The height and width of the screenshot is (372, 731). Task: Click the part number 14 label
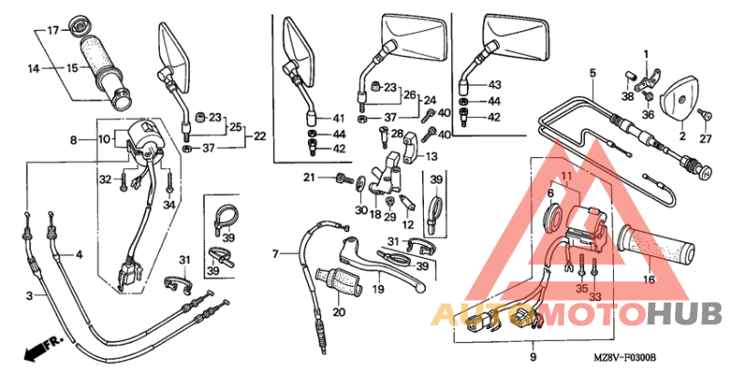[x=33, y=69]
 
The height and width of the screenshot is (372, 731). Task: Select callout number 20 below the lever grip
[x=339, y=311]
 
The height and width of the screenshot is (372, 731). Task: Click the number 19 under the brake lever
[x=378, y=290]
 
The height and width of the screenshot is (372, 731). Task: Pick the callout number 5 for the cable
[x=592, y=73]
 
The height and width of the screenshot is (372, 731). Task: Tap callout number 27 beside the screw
[x=705, y=137]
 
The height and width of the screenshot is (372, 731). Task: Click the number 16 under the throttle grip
[x=649, y=280]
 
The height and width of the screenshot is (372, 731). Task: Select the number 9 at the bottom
[x=533, y=357]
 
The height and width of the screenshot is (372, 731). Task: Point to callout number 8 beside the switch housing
[x=73, y=139]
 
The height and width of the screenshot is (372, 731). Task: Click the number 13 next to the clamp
[x=431, y=156]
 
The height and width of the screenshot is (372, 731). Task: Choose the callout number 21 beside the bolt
[x=309, y=177]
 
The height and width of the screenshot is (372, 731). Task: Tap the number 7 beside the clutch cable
[x=275, y=254]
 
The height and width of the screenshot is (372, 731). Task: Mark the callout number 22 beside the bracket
[x=260, y=136]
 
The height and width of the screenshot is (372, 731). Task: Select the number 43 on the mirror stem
[x=494, y=85]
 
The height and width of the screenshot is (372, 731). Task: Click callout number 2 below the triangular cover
[x=682, y=136]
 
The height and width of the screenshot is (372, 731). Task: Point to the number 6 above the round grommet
[x=550, y=193]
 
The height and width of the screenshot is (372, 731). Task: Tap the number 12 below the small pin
[x=408, y=225]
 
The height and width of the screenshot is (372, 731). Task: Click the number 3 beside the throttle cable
[x=29, y=295]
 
